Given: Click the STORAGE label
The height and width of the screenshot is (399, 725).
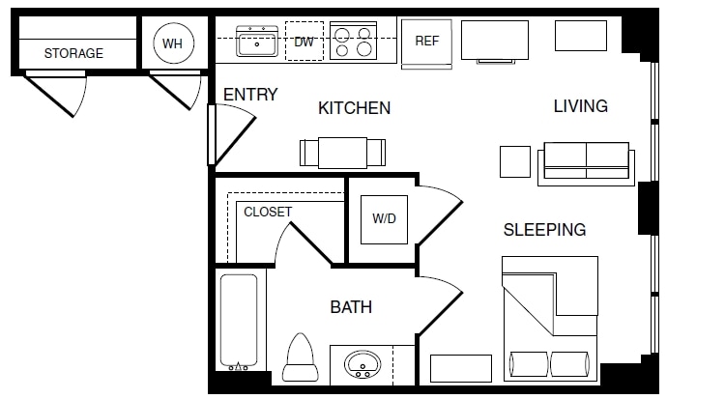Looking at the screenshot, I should click(x=73, y=53).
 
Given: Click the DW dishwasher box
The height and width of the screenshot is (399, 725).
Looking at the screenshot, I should click(x=304, y=42).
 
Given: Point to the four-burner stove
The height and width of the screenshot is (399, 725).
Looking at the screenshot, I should click(x=352, y=42).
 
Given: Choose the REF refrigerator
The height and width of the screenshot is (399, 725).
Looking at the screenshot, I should click(x=427, y=43).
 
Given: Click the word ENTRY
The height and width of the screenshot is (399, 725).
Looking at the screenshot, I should click(x=250, y=95).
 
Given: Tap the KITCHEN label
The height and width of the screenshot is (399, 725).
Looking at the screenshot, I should click(x=354, y=108).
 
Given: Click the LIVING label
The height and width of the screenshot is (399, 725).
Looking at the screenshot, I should click(x=580, y=106).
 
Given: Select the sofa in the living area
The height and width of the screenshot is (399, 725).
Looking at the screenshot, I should click(x=586, y=160).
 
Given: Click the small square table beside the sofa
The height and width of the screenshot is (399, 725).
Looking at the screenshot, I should click(x=515, y=161).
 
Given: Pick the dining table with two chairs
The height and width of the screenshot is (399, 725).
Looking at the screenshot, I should click(x=344, y=153).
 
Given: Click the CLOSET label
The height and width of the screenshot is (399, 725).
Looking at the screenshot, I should click(x=268, y=212).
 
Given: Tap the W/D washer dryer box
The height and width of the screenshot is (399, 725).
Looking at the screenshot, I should click(x=384, y=218).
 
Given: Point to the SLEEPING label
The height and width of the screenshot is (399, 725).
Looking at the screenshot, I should click(x=544, y=230).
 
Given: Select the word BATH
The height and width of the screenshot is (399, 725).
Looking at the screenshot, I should click(x=351, y=308).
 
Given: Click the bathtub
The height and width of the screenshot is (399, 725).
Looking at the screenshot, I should click(x=238, y=323).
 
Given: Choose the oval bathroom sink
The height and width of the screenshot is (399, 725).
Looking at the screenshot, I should click(x=363, y=365).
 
